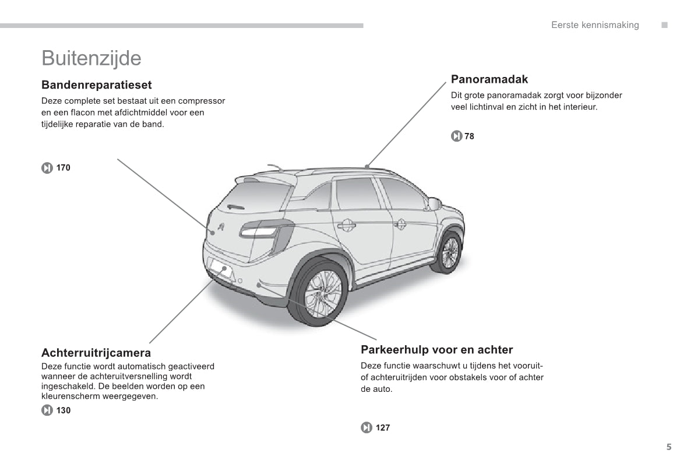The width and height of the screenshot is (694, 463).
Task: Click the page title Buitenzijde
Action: (91, 58)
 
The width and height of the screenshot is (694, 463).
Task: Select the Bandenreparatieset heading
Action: (97, 85)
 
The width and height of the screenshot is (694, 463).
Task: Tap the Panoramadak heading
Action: (489, 79)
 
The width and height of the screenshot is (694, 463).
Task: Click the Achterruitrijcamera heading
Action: (96, 353)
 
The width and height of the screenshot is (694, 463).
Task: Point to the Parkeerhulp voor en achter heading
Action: (437, 349)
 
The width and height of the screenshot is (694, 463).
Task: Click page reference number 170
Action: (64, 167)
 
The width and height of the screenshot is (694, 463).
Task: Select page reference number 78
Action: (469, 136)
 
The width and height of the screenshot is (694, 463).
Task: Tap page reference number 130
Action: (64, 411)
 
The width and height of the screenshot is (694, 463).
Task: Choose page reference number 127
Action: (383, 427)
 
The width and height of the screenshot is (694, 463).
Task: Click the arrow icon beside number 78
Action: (456, 136)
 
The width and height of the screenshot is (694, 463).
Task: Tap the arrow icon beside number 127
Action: (367, 427)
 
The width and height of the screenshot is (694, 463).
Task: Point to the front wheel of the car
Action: (448, 252)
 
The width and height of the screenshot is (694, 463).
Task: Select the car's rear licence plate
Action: (221, 269)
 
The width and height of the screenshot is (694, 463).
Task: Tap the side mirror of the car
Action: (434, 204)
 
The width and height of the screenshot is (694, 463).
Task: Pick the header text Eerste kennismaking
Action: (595, 25)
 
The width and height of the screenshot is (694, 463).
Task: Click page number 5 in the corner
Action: (669, 447)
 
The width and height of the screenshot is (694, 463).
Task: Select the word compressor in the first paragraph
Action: (202, 101)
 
